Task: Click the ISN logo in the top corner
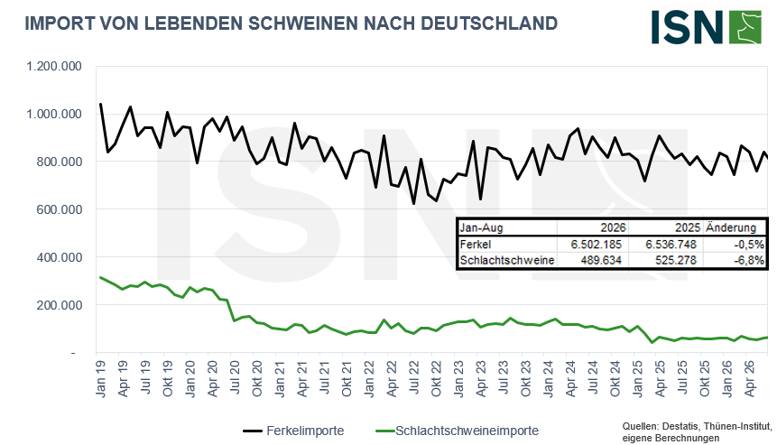click(x=706, y=27)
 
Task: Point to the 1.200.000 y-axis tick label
click(x=54, y=66)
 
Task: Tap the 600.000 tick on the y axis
click(x=60, y=209)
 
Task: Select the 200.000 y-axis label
click(x=60, y=305)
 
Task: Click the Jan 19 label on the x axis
click(x=101, y=379)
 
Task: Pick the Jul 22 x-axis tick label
click(x=414, y=377)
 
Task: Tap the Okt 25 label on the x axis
click(x=705, y=379)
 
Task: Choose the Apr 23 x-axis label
click(x=481, y=379)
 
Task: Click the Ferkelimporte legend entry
click(x=293, y=431)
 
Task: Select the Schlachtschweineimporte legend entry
click(x=458, y=431)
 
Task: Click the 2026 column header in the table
click(x=614, y=228)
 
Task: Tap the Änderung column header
click(x=731, y=227)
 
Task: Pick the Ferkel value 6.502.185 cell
click(x=597, y=245)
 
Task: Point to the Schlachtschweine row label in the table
click(x=507, y=260)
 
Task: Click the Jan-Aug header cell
click(x=481, y=228)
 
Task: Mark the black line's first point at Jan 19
click(x=100, y=104)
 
